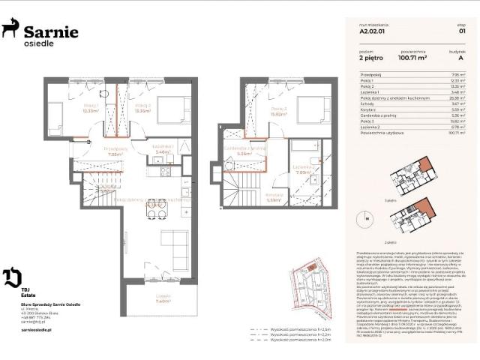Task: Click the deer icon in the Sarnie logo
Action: pyautogui.click(x=11, y=28)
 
